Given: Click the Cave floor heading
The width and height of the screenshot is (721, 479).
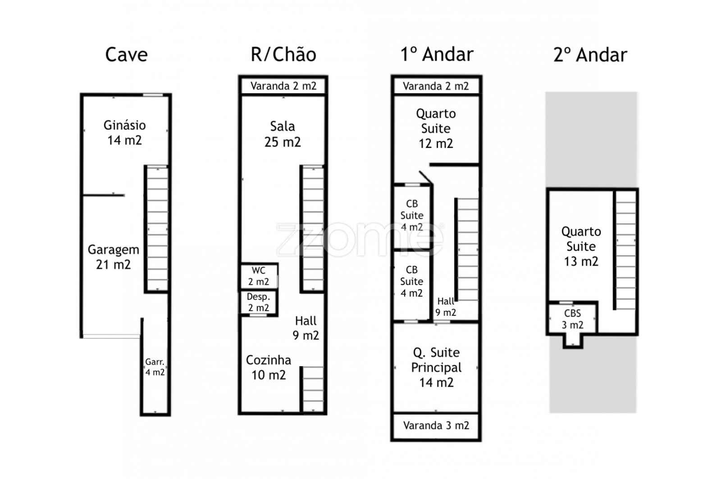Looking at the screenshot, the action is pos(127,55).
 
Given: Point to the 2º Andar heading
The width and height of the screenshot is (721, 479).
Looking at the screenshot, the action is pos(590,55).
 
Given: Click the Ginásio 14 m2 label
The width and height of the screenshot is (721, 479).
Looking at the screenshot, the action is pos(124,133).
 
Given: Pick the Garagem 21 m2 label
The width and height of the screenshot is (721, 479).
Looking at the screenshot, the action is pos(113,257).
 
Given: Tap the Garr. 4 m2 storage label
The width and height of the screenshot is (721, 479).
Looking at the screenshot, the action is pos(155,367).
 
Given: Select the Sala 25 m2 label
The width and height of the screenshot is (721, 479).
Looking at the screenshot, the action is pos(283,134).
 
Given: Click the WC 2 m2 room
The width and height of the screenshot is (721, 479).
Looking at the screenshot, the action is pos(259,276).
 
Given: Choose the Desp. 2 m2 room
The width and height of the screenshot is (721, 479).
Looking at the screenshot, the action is pos(259,302).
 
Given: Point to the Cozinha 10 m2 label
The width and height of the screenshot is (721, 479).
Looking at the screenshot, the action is pos(269,367).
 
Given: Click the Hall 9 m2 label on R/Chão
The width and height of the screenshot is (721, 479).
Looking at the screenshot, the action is pos(306,328).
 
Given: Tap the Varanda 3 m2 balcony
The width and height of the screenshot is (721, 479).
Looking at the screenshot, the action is pos(436,425).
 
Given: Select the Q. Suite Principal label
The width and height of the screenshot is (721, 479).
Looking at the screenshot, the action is pos(436,367).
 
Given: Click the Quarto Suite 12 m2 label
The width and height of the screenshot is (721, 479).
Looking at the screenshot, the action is pos(436,129).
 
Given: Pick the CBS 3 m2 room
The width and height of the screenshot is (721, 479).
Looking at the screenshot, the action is pos(573,318).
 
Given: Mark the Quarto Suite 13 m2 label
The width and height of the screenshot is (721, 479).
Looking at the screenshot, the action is pos(581,246).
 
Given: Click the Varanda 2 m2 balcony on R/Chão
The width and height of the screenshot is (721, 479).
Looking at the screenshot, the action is pos(283,86).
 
